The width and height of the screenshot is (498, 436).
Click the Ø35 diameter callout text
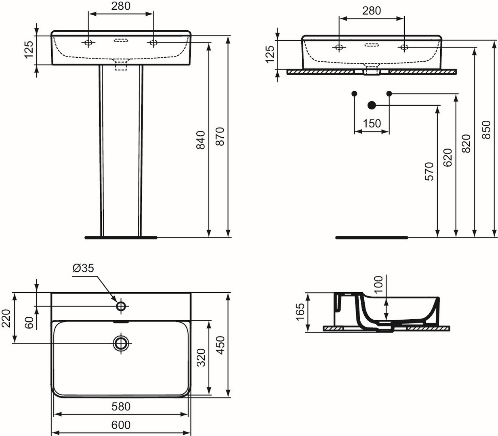point(83,268)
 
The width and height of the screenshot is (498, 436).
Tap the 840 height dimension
point(201,140)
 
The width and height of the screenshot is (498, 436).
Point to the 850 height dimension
point(486,130)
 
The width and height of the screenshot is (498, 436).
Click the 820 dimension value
point(466,144)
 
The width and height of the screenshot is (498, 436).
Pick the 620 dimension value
point(448,157)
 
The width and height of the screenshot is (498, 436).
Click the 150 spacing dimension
point(372,124)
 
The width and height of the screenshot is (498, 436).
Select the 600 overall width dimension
point(121,425)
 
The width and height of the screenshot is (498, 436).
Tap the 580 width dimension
point(121,406)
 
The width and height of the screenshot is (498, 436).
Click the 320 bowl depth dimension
point(201,357)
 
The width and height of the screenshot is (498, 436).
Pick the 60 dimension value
point(29,323)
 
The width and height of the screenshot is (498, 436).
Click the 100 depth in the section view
point(378,285)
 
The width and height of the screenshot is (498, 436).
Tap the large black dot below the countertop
point(372,105)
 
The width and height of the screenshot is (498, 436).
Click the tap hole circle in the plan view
point(121,306)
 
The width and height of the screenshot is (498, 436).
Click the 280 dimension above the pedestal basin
point(121,6)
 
